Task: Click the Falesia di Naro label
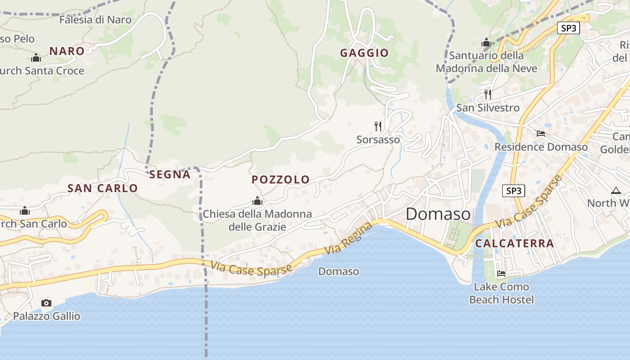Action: point(95,20)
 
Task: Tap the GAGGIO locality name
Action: point(364,53)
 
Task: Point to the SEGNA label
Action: point(170,175)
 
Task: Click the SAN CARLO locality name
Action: point(103,189)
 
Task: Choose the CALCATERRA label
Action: point(514,243)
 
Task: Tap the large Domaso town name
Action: point(438,214)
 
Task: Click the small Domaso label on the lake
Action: point(338,271)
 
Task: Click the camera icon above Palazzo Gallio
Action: point(46,303)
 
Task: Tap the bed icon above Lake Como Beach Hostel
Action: point(501,274)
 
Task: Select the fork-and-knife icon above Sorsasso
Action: point(378,126)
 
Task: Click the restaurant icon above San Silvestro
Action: point(488,94)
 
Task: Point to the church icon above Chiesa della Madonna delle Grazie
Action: point(257,201)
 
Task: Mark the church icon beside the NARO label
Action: point(36,58)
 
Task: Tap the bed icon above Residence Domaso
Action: point(541,134)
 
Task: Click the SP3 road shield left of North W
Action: point(513,191)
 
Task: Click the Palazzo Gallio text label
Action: point(46,316)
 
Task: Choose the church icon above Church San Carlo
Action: point(25,211)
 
